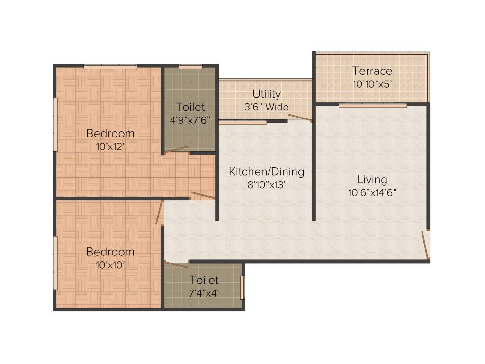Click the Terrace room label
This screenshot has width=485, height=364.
(x=372, y=71)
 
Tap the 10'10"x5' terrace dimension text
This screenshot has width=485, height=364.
(x=372, y=84)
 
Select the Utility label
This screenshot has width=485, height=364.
(x=266, y=94)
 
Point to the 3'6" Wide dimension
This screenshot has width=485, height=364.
(x=266, y=107)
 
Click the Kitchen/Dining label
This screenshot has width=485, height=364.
(x=266, y=172)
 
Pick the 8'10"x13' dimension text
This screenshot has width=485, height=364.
(x=266, y=185)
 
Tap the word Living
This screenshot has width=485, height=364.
(x=372, y=180)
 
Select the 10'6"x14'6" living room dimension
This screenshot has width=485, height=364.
(x=372, y=192)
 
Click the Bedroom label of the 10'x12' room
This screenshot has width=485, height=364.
(x=110, y=134)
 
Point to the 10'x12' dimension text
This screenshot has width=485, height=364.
(x=110, y=146)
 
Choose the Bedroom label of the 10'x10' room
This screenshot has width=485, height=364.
(x=110, y=252)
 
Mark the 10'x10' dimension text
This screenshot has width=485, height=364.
(x=110, y=264)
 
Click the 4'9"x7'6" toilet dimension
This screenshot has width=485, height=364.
(x=190, y=120)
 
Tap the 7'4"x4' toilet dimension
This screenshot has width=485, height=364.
(x=204, y=293)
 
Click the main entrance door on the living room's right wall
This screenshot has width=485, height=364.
(x=426, y=245)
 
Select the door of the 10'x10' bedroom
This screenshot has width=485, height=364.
(x=159, y=212)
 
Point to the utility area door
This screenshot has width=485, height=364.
(x=300, y=118)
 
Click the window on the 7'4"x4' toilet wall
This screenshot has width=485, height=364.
(x=242, y=287)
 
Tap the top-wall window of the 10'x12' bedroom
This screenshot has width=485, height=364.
(x=110, y=67)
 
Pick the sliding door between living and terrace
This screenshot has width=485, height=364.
(x=372, y=105)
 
